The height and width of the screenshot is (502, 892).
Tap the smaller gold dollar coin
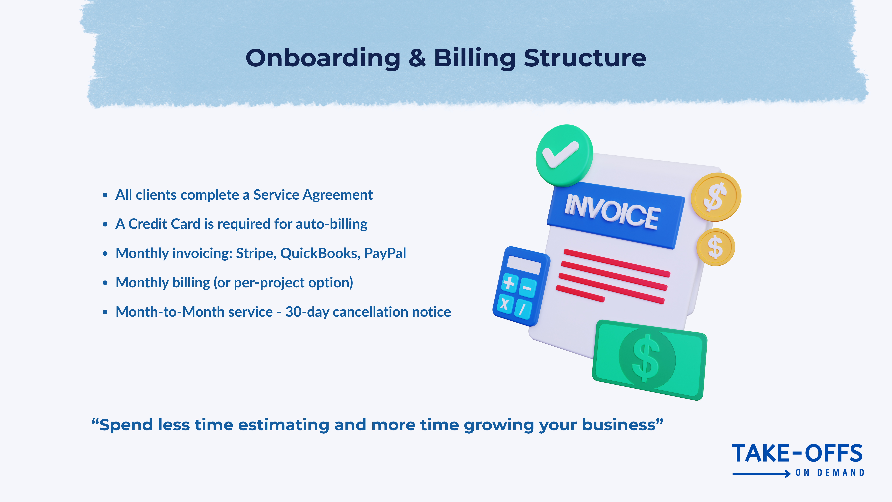pyautogui.click(x=715, y=247)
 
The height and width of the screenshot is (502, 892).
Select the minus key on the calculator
pyautogui.click(x=527, y=288)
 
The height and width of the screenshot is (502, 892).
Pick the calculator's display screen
pyautogui.click(x=524, y=265)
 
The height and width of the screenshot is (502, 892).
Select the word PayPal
pyautogui.click(x=385, y=253)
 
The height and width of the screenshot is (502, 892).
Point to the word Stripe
pyautogui.click(x=256, y=253)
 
